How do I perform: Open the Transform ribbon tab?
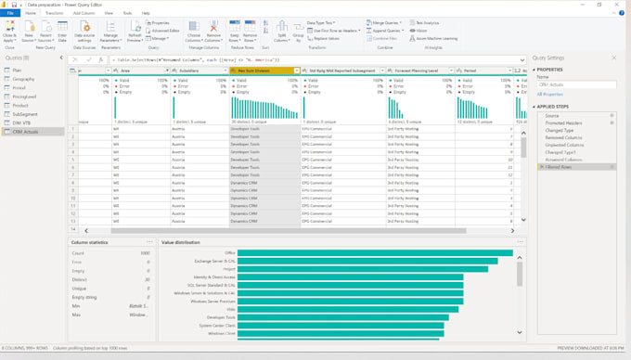(x=54, y=14)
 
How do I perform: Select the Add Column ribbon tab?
(x=83, y=14)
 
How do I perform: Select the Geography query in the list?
(x=24, y=79)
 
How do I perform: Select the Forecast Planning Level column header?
(x=418, y=70)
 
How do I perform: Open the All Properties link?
(x=550, y=95)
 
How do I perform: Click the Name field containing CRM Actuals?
(x=575, y=85)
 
